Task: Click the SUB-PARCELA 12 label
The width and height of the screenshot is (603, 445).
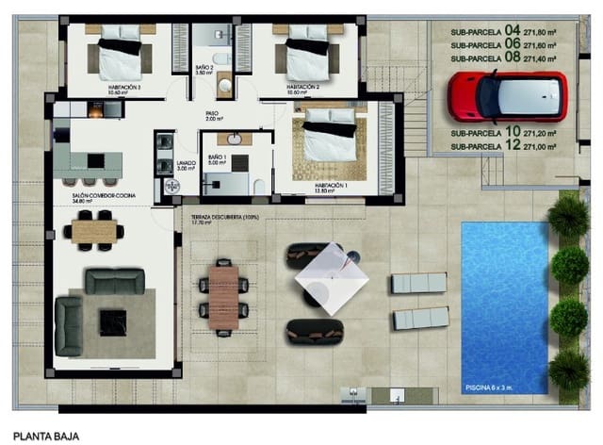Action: click(x=503, y=146)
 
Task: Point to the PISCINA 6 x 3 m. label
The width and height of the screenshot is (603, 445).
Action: click(x=499, y=387)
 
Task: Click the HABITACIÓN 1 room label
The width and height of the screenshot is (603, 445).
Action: click(x=334, y=186)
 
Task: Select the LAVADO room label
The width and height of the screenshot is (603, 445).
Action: click(x=186, y=164)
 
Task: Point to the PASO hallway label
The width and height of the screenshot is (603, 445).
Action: click(x=213, y=114)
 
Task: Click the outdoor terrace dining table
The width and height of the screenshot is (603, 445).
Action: click(x=223, y=296)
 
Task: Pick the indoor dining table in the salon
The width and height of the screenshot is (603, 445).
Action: click(x=92, y=229)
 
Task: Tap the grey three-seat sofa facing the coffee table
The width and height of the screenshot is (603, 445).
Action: click(x=115, y=281)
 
